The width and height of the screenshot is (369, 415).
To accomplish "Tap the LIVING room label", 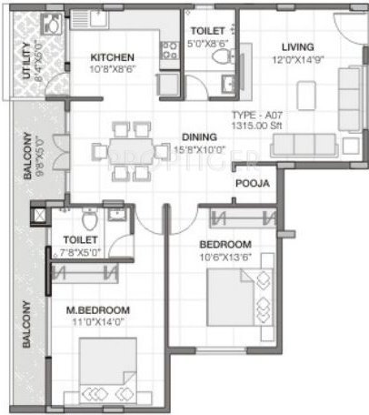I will [x=297, y=46].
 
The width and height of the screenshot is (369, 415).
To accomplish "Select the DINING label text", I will [x=194, y=137].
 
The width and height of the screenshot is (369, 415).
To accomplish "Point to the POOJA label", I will [x=252, y=183].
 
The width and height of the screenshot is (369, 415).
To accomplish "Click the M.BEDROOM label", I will [x=96, y=309].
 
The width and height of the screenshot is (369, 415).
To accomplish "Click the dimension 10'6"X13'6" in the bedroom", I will [x=224, y=258].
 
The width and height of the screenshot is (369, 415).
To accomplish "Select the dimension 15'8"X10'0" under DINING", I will [x=193, y=149].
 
